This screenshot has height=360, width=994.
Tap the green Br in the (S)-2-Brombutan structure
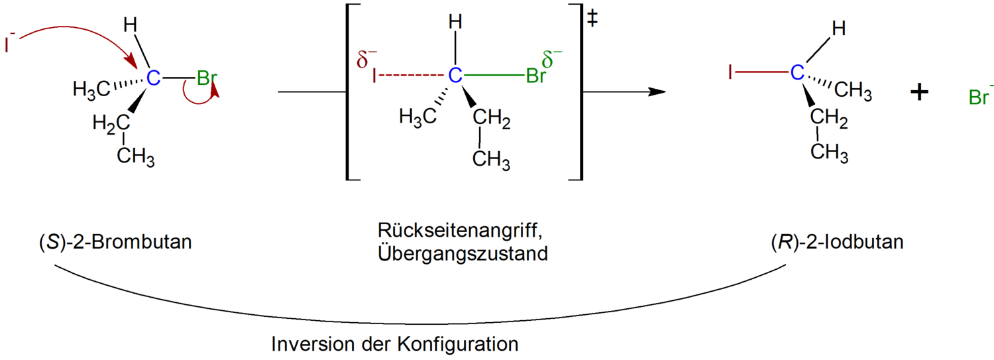(x=207, y=78)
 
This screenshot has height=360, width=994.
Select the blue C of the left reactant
(x=153, y=78)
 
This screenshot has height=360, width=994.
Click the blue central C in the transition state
(x=455, y=76)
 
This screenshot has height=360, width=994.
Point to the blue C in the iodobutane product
(x=797, y=72)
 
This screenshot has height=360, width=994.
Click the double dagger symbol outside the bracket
(x=592, y=19)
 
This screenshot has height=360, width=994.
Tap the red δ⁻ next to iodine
(x=366, y=59)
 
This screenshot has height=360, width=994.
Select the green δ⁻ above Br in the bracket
(x=551, y=59)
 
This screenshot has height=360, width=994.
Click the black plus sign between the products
(x=920, y=92)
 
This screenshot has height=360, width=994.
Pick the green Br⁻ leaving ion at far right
(x=981, y=95)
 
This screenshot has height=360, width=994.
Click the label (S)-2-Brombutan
(x=115, y=243)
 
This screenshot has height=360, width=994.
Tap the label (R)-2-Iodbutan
(x=838, y=243)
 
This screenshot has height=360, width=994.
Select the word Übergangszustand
(x=463, y=253)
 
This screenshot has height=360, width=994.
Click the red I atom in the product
(x=730, y=72)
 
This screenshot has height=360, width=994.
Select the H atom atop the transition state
(x=455, y=21)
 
